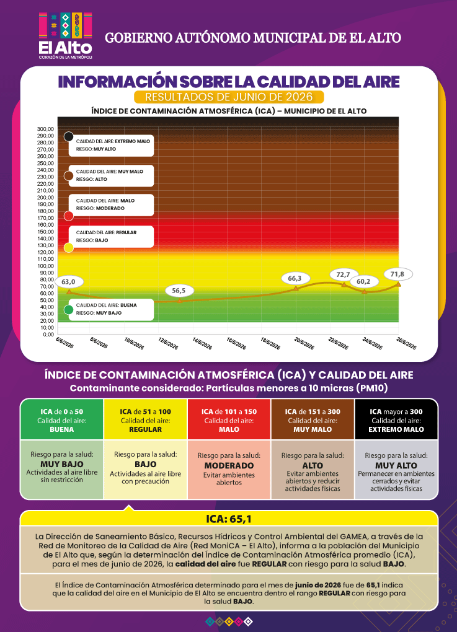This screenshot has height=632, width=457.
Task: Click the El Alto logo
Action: tap(65, 36)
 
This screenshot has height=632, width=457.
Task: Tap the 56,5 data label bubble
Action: tap(179, 291)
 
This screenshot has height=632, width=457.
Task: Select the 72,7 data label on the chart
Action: tap(343, 274)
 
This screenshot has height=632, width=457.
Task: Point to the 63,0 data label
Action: tap(69, 282)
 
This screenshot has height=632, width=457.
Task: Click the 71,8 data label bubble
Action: tap(397, 274)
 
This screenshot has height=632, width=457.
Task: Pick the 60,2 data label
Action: tap(363, 281)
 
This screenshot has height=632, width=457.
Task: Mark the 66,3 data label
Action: tap(295, 278)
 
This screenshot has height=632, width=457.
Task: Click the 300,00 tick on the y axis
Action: tap(46, 129)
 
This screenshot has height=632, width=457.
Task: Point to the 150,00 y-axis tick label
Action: tap(46, 232)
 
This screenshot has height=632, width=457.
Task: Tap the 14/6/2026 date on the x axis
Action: tap(202, 343)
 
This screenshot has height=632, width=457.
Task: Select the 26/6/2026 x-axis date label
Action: tap(406, 343)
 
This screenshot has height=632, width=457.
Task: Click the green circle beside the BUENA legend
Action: tap(69, 310)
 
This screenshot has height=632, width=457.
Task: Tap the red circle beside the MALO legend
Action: tap(69, 216)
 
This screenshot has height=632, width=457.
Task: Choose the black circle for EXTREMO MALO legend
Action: tap(69, 136)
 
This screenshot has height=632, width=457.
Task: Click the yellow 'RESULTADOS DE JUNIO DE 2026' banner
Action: tap(229, 97)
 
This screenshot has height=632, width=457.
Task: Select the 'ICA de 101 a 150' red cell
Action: tap(229, 419)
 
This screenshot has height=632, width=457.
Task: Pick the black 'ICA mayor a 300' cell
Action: tap(396, 419)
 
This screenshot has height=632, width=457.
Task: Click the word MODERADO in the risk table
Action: tap(229, 465)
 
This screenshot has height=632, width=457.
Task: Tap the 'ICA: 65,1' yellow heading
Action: tap(229, 519)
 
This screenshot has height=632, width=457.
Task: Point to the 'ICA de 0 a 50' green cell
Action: tap(62, 419)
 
